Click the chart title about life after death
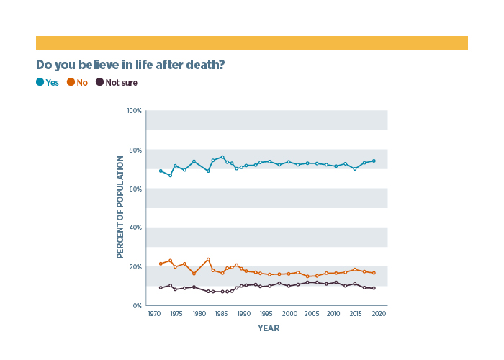[130, 65]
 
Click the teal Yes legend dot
[40, 83]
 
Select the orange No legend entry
[77, 83]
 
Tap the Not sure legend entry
[117, 83]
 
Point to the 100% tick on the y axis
[134, 111]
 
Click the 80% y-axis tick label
[135, 150]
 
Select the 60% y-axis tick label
[135, 189]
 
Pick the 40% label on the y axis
[135, 228]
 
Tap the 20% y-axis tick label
[135, 266]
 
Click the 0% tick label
[137, 305]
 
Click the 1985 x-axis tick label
[222, 314]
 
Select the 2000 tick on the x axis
[289, 314]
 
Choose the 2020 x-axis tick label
[379, 314]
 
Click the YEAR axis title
[269, 328]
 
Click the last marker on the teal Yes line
[374, 161]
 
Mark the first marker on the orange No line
[161, 264]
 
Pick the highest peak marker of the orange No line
[208, 259]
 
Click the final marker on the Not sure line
[374, 288]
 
